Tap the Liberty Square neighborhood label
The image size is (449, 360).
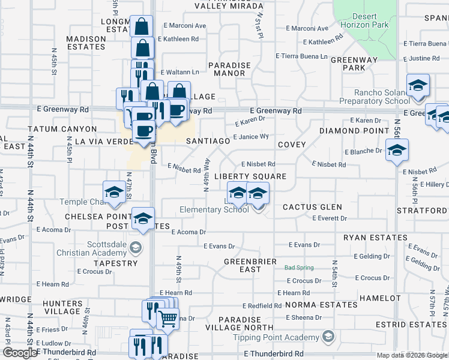[x=250, y=176]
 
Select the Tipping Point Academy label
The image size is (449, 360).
[x=284, y=337]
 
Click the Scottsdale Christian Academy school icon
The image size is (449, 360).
[x=136, y=247]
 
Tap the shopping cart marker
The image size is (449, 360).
[x=168, y=318]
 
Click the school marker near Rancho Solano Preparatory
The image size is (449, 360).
[x=418, y=86]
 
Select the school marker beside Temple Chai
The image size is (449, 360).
[x=113, y=192]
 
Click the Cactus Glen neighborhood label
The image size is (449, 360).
[x=312, y=207]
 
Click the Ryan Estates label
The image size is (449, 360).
[x=375, y=238]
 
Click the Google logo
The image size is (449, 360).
[x=19, y=353]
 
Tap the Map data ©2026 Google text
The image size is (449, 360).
[x=412, y=355]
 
